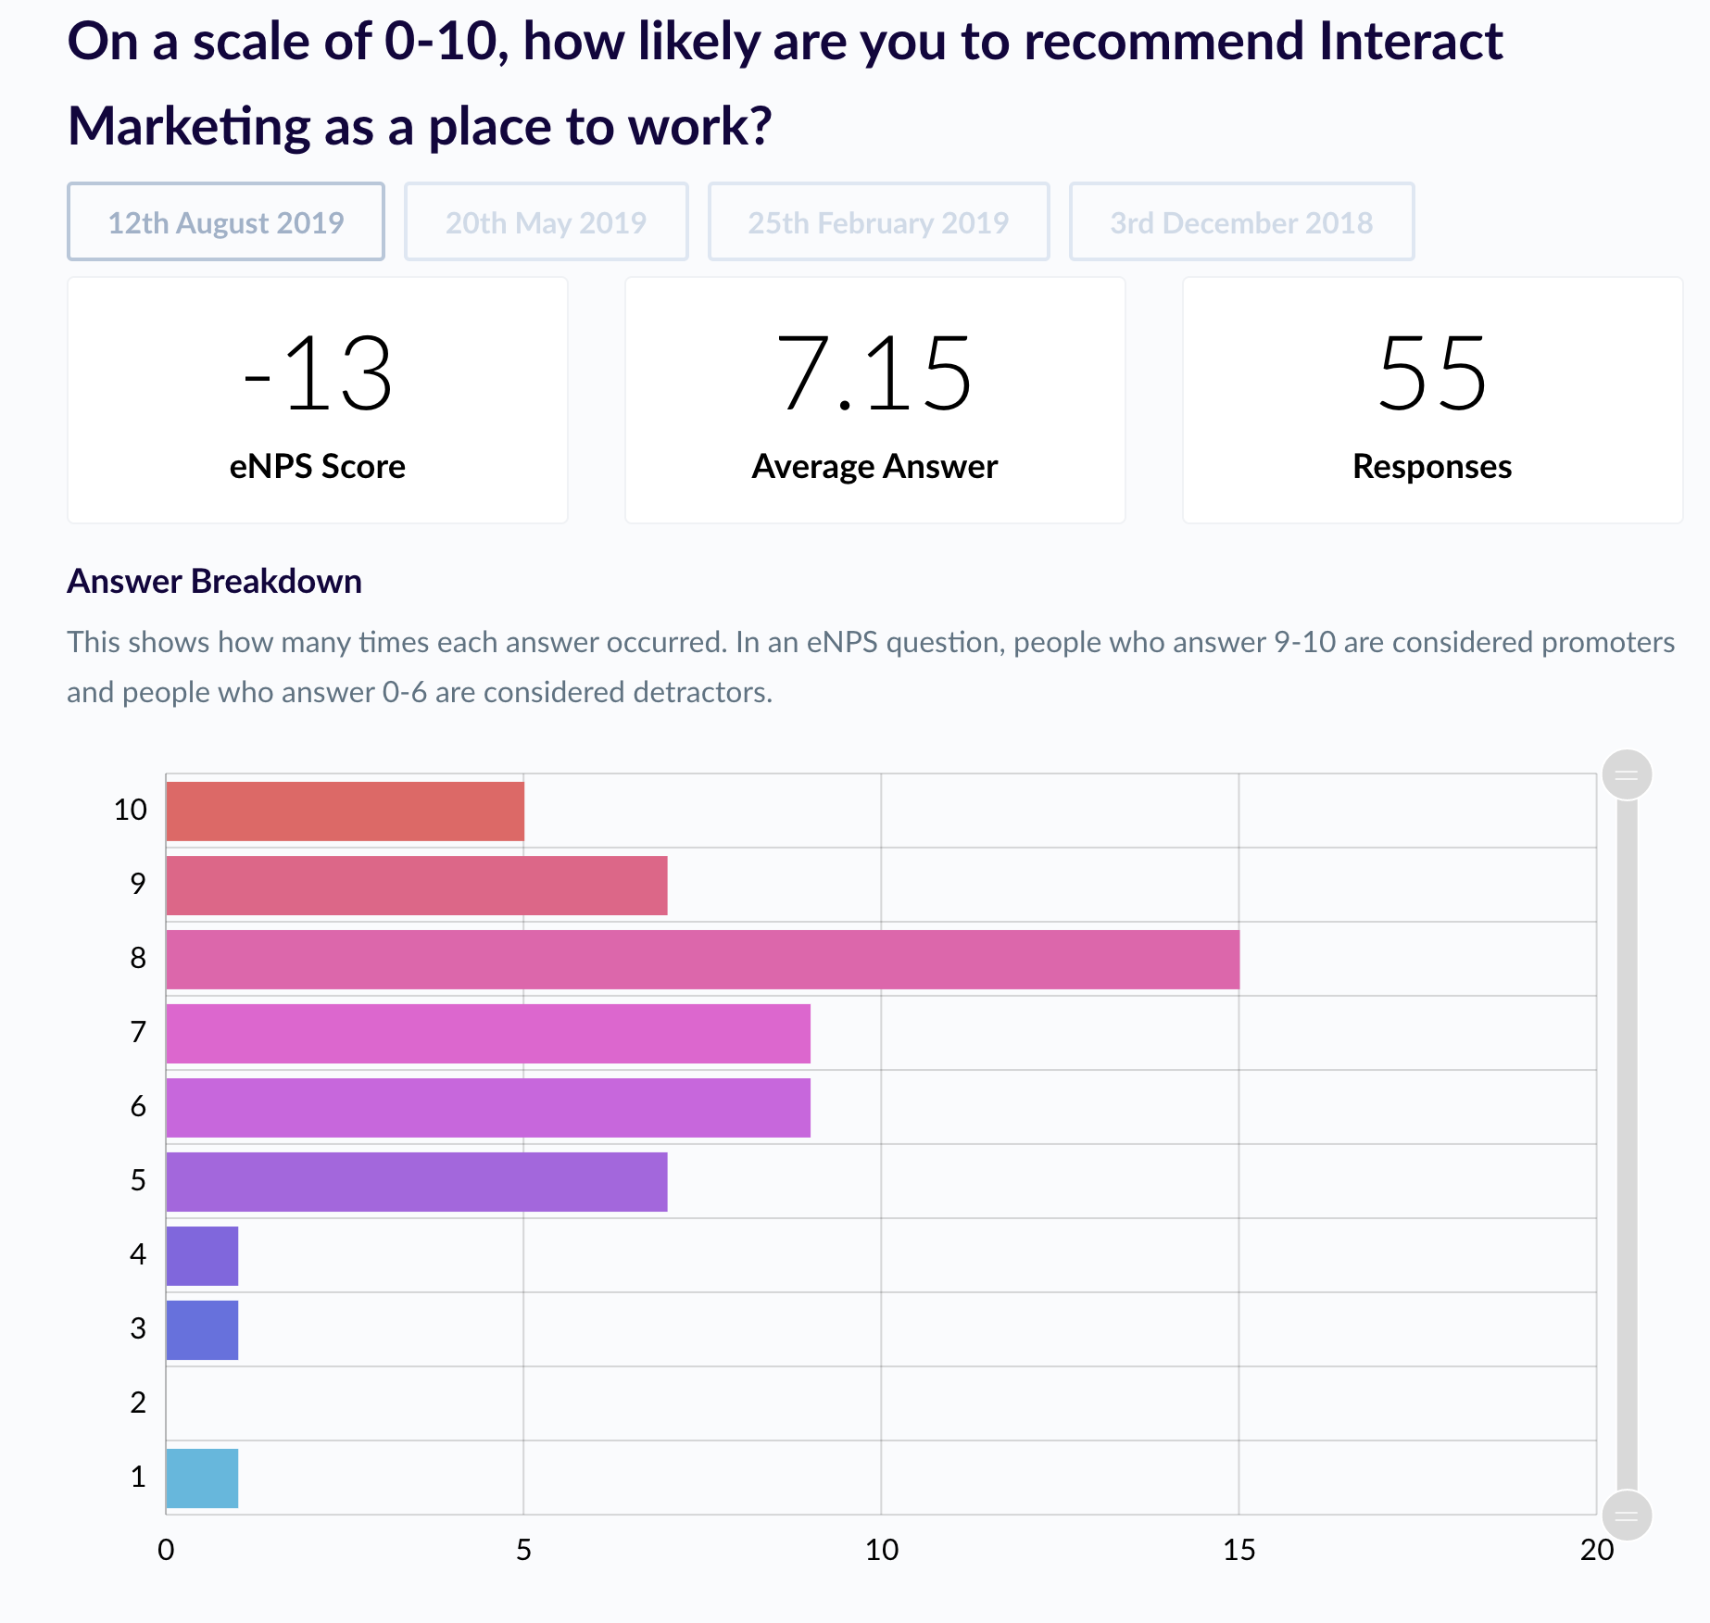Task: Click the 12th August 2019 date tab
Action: click(225, 222)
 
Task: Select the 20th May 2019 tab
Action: click(546, 222)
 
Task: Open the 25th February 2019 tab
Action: click(878, 222)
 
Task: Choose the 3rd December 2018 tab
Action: click(1241, 222)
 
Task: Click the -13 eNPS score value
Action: click(318, 374)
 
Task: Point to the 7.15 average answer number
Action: click(874, 374)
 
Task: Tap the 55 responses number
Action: click(1432, 374)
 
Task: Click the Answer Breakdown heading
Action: click(214, 582)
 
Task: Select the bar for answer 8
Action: click(702, 960)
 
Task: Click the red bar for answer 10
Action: click(345, 811)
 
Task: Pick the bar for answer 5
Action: click(416, 1182)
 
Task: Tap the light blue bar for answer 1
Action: click(202, 1478)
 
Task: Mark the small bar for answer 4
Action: click(202, 1256)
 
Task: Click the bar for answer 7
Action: click(488, 1034)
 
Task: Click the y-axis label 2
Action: click(138, 1403)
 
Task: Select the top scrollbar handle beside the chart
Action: click(1627, 774)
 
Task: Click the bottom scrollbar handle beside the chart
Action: click(1627, 1516)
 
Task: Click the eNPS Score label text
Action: click(318, 467)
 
